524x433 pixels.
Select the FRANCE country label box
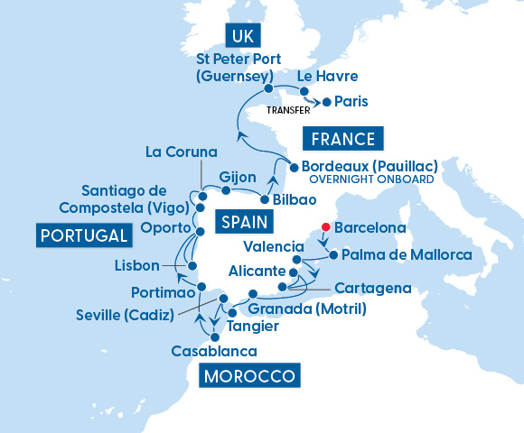(342, 139)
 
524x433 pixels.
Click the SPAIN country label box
(244, 219)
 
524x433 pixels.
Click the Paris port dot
(327, 101)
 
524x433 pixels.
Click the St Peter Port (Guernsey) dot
(269, 89)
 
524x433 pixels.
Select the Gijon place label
(238, 176)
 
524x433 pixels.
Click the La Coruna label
(181, 151)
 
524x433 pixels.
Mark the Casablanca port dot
(214, 336)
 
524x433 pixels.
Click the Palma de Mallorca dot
(333, 255)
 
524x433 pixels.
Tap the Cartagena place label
(372, 289)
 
